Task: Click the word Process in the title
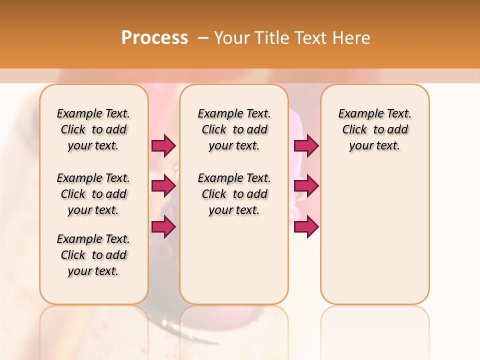[154, 37]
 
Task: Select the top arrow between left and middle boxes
[164, 145]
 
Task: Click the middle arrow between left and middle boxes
[164, 186]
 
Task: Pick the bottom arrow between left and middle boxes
[164, 226]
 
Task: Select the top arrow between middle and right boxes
[306, 145]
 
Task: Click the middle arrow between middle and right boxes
[306, 186]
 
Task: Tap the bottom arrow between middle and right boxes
[306, 226]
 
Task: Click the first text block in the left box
[93, 129]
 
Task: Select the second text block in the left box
[93, 194]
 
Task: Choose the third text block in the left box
[93, 255]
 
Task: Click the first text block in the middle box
[234, 129]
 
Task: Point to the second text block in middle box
[234, 194]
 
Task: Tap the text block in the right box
[374, 129]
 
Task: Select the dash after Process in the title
[203, 38]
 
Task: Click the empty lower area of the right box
[374, 240]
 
